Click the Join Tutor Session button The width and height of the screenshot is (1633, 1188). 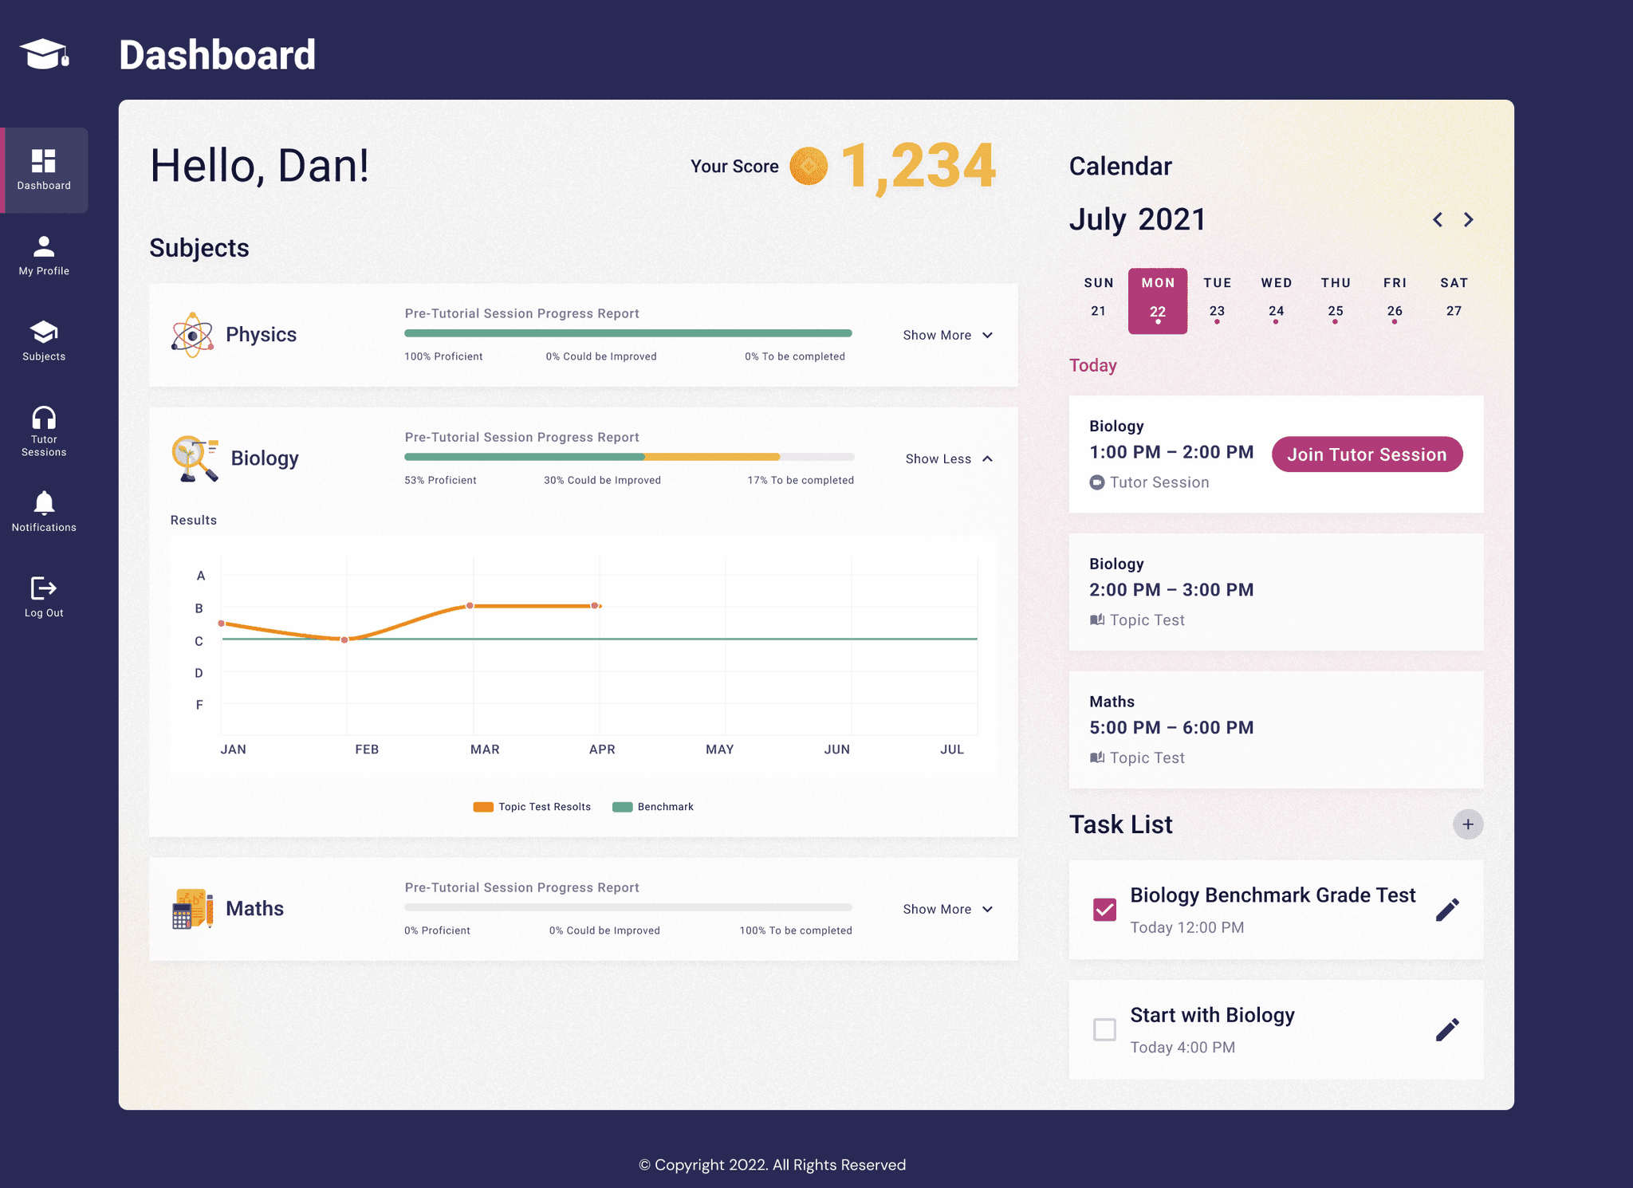point(1367,454)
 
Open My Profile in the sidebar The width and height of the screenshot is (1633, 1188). point(44,255)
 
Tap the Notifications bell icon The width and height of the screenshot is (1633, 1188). point(44,503)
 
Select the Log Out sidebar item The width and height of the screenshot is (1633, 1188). point(44,597)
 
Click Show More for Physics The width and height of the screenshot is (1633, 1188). point(947,336)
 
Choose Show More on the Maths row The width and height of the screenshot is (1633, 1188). point(947,910)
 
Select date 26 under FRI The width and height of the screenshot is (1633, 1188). point(1395,311)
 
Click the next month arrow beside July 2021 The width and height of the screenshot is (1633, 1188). point(1469,220)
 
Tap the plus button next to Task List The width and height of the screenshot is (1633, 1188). point(1468,824)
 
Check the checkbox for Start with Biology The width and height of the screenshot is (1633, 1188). point(1104,1029)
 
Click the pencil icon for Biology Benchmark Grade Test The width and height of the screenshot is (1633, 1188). point(1447,910)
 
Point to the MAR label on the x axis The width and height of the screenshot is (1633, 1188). point(485,749)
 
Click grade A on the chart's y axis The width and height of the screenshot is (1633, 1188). point(201,576)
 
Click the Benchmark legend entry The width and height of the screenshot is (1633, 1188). point(653,807)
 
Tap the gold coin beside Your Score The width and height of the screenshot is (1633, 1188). point(809,166)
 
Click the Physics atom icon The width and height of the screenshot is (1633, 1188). point(192,335)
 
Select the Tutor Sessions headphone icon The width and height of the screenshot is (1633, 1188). point(44,418)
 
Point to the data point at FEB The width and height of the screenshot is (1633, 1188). point(344,639)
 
